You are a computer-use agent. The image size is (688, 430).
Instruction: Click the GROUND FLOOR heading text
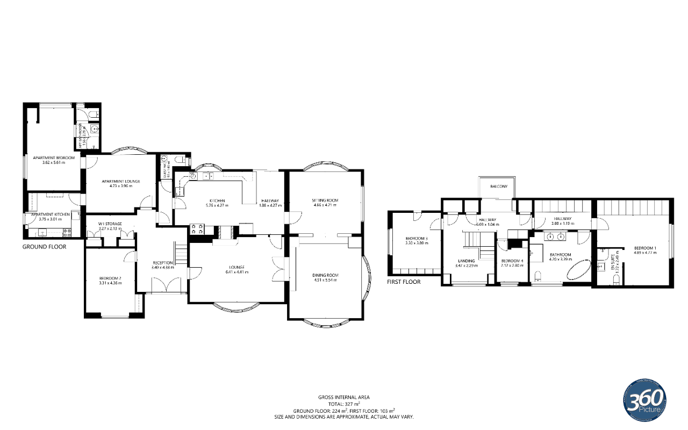click(x=44, y=247)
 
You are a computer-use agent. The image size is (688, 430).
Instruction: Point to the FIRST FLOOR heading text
click(x=404, y=282)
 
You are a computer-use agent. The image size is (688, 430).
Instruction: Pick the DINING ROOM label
click(x=325, y=275)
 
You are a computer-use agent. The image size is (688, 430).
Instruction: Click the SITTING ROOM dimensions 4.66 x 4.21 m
click(x=325, y=205)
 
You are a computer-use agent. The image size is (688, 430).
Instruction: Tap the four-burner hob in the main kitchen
click(x=197, y=229)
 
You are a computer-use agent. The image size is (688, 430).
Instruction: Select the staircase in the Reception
click(x=180, y=254)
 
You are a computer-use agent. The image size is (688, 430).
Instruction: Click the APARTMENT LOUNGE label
click(x=121, y=181)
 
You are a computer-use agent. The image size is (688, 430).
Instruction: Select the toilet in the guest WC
click(x=180, y=160)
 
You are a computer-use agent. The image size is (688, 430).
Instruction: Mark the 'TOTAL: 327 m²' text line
click(x=344, y=403)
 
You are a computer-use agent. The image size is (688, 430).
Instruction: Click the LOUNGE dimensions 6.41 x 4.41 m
click(x=236, y=272)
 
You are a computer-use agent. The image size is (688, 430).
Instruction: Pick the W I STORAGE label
click(x=110, y=224)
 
